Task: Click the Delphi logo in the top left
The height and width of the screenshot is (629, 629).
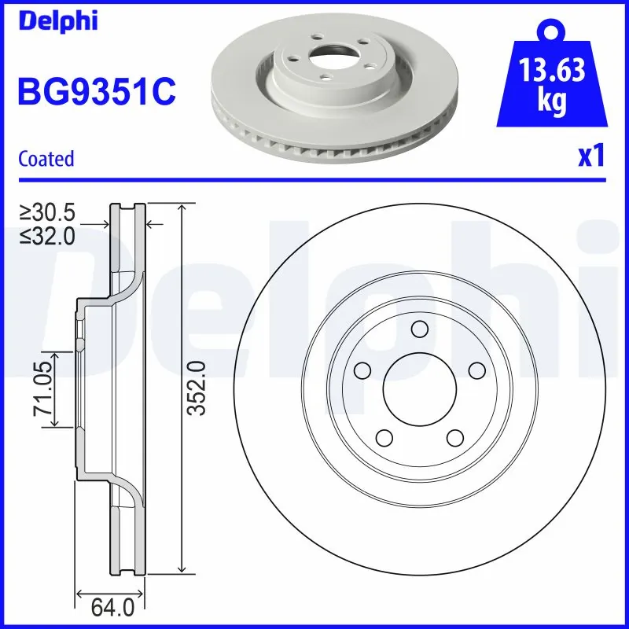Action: pos(57,20)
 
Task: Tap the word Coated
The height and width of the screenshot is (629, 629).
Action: pos(46,158)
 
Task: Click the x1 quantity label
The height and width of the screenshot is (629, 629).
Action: pos(590,157)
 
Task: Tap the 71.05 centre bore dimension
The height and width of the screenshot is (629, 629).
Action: pos(44,390)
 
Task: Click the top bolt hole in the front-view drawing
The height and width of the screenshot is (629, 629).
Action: pos(419,329)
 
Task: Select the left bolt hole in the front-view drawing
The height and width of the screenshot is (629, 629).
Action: pos(362,370)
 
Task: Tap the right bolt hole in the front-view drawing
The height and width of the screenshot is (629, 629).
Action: pos(476,370)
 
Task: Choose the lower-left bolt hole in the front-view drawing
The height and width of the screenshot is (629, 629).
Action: pos(384,436)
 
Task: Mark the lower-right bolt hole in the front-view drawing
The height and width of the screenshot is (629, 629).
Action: pos(454,436)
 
